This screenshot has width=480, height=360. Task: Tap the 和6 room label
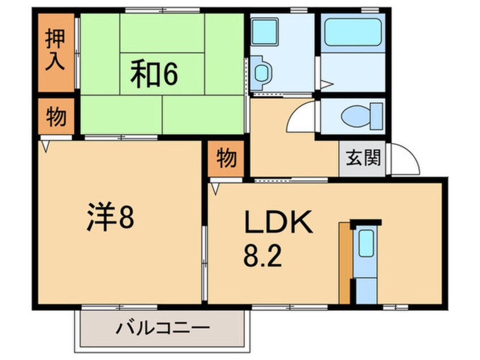click(x=154, y=76)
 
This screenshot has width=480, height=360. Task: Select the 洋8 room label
click(x=110, y=219)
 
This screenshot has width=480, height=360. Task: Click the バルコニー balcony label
click(x=163, y=328)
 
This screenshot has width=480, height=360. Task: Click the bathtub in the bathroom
click(x=352, y=33)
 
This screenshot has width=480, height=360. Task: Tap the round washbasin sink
click(x=262, y=73)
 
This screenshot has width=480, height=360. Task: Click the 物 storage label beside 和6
click(x=56, y=117)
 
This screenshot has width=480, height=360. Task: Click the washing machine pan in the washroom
click(x=264, y=32)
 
